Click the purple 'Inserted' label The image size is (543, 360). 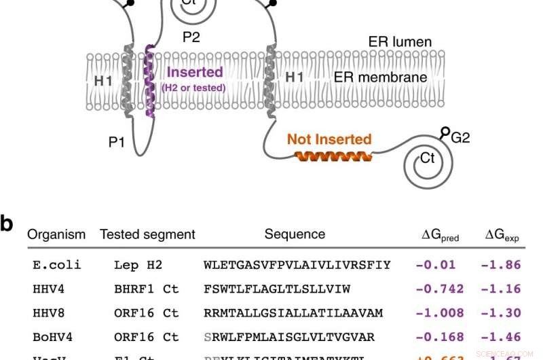pos(195,72)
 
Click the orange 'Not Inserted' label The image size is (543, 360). pos(329,139)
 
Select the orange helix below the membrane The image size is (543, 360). pos(333,157)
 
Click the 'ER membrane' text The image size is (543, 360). pos(380,77)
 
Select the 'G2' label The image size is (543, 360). pos(460,137)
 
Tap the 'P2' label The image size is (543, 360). pos(191,37)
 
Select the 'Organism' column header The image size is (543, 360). pos(56,234)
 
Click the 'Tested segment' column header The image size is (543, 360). pos(147,234)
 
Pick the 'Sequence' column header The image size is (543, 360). pos(295,234)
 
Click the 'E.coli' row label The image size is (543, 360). pos(57,265)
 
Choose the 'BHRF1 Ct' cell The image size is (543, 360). pos(146,289)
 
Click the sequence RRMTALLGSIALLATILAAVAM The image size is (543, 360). pos(293,312)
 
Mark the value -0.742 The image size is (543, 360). pos(439,289)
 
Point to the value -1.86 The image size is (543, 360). pos(501,265)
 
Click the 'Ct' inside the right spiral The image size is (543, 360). pos(428,158)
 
